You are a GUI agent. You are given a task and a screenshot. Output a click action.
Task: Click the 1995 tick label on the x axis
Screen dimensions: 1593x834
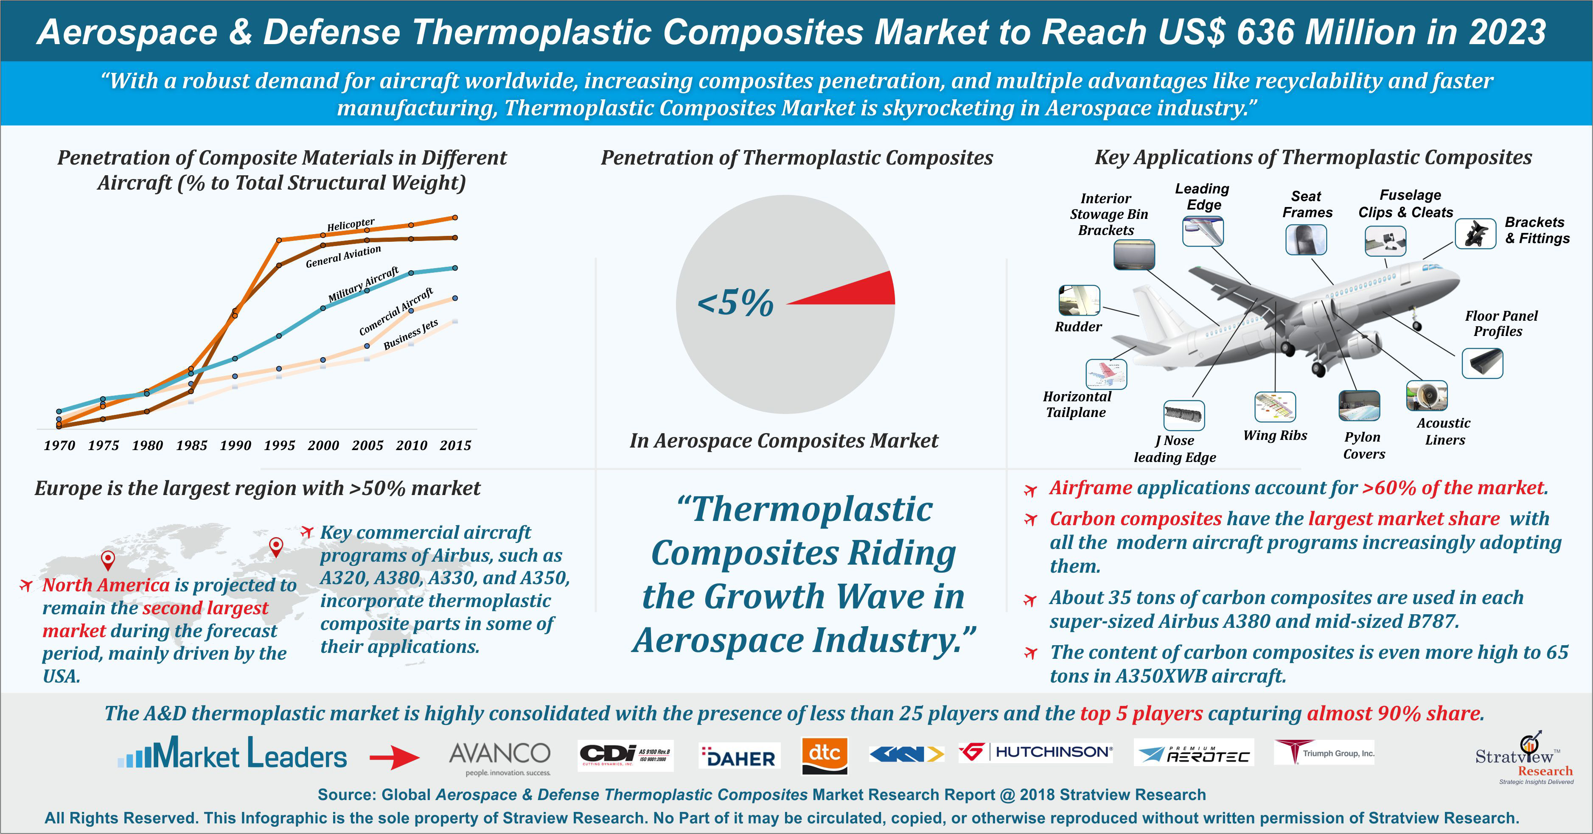coord(280,445)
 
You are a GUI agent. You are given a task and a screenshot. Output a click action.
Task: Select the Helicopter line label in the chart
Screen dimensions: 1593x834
coord(351,224)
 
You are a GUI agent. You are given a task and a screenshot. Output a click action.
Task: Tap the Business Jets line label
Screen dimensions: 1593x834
coord(411,334)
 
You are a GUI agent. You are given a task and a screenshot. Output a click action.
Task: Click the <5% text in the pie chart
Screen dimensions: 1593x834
coord(735,302)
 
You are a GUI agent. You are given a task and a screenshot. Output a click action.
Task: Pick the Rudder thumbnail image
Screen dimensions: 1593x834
coord(1079,300)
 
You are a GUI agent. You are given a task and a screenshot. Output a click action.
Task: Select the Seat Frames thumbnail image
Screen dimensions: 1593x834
coord(1306,239)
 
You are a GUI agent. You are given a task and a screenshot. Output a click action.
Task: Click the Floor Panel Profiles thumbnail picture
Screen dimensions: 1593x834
coord(1482,363)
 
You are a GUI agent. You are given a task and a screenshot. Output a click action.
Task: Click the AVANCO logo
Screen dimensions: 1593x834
coord(499,758)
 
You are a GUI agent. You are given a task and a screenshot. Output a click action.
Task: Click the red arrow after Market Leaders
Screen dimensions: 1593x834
coord(395,757)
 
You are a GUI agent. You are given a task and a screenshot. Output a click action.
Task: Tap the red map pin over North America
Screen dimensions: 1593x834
coord(108,560)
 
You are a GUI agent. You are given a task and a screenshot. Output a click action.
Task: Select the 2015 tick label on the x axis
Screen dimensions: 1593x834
coord(456,445)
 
